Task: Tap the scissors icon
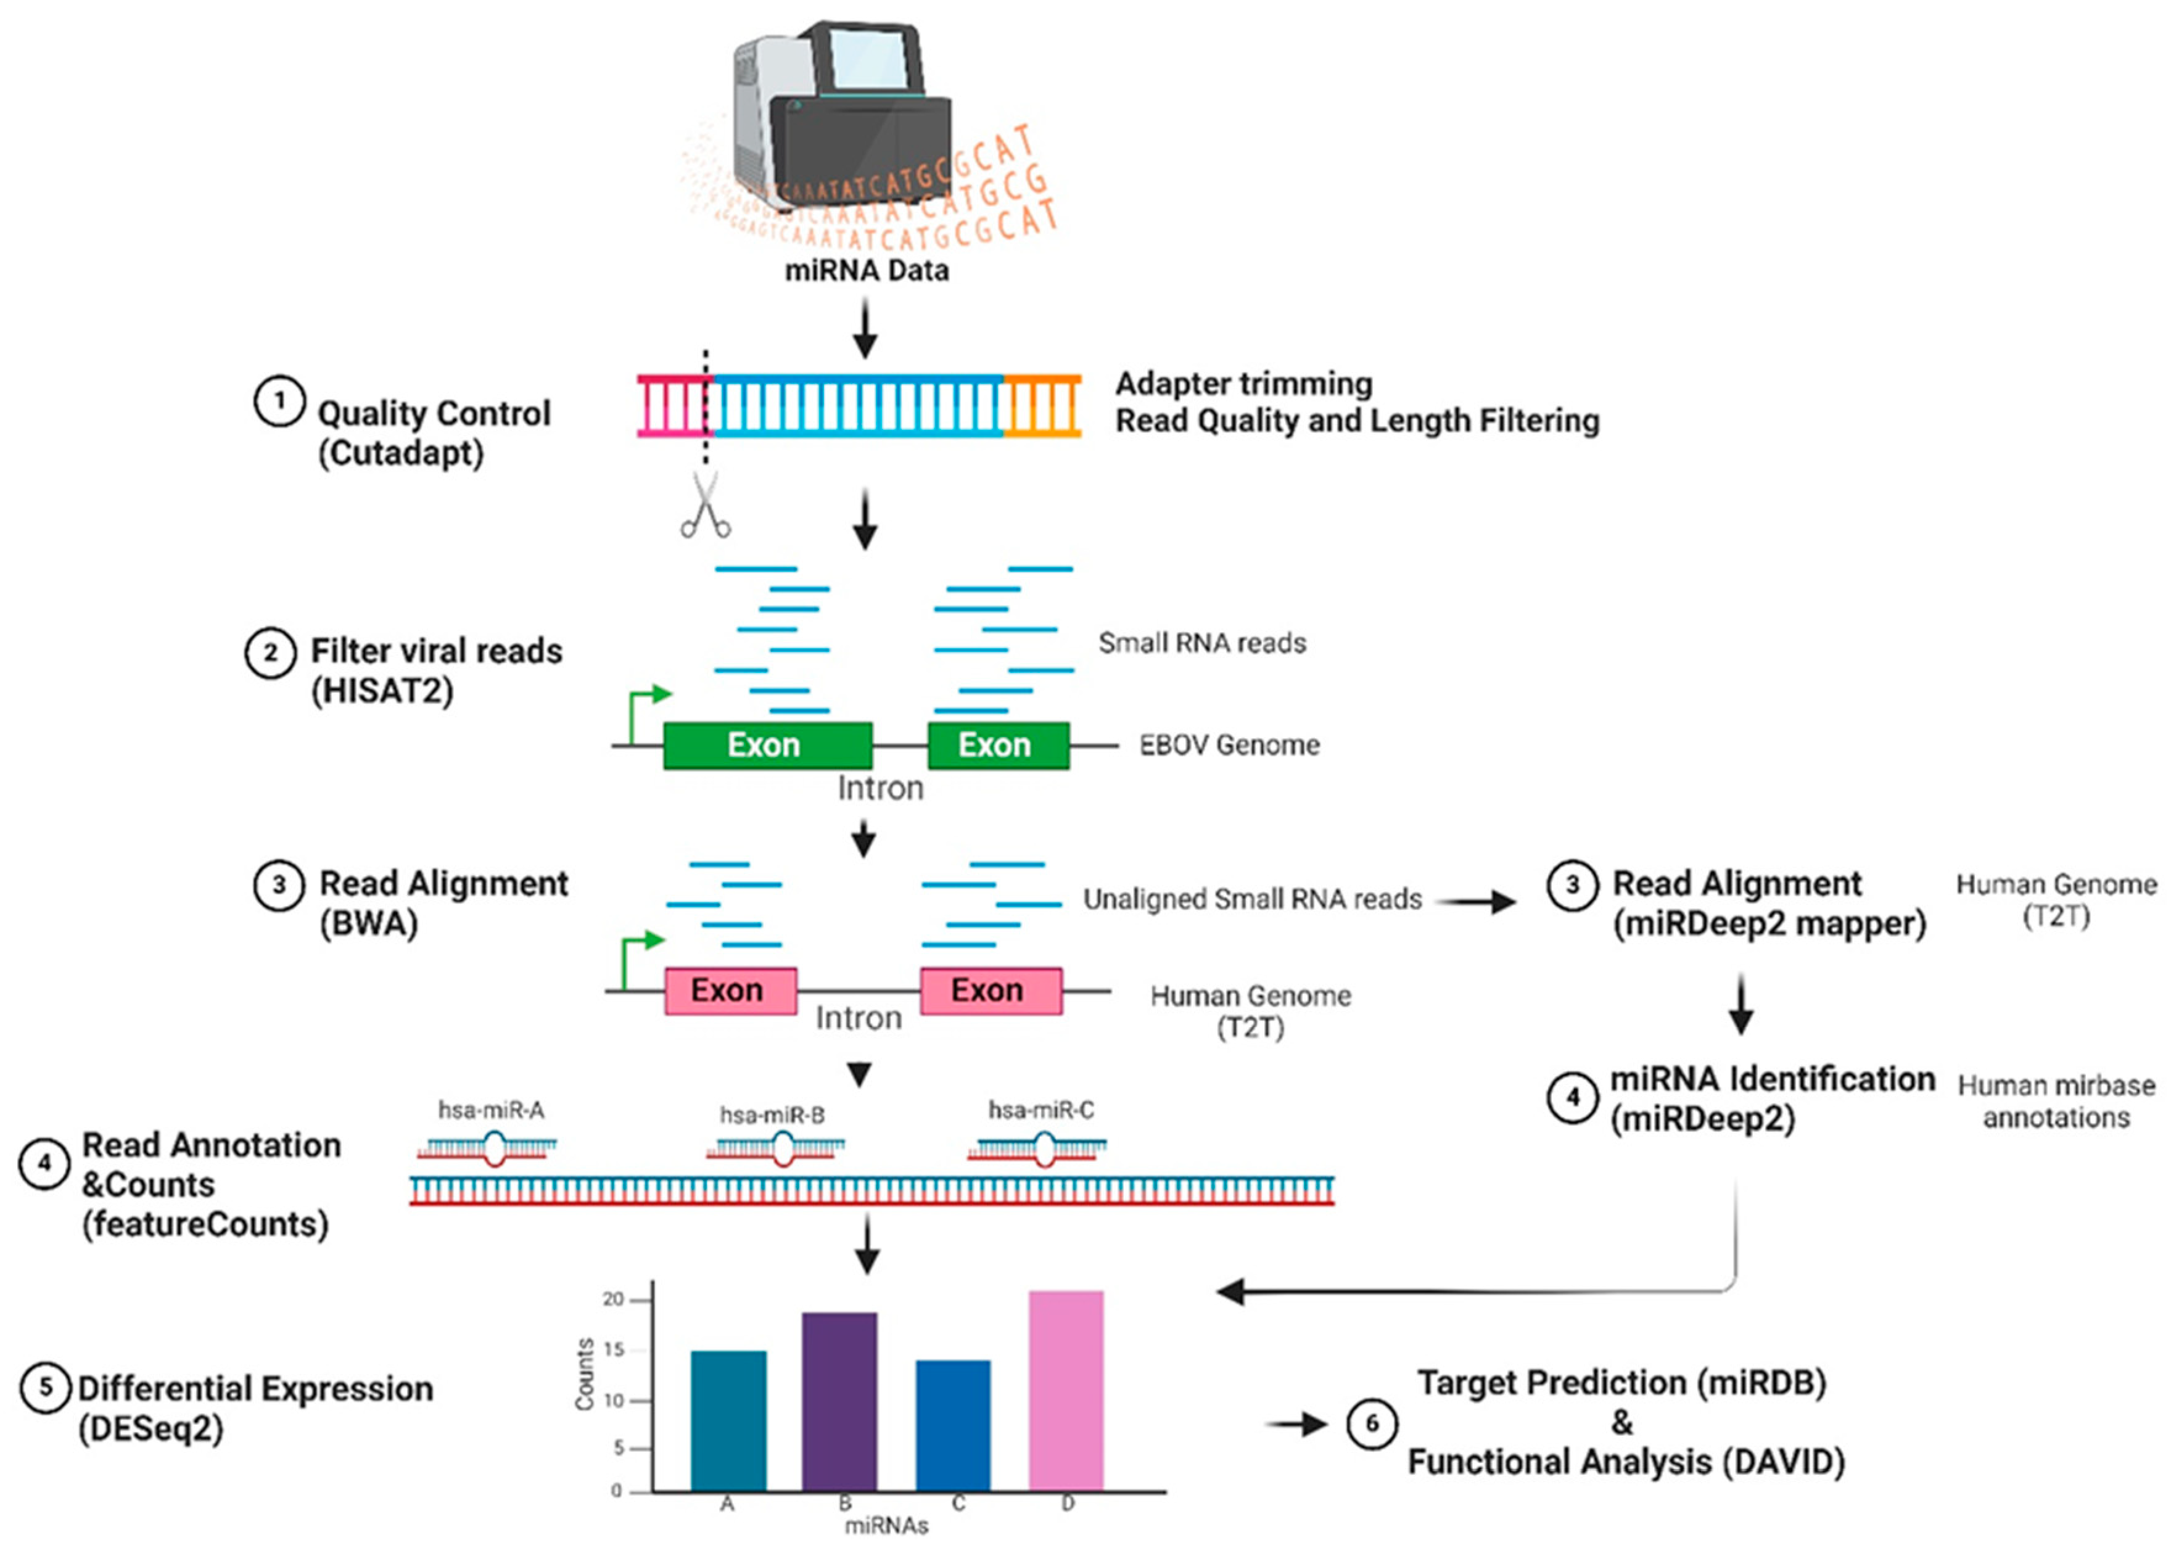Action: (x=705, y=506)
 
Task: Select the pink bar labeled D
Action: (x=1066, y=1389)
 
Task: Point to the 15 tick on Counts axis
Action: (x=614, y=1350)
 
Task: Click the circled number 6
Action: (x=1371, y=1423)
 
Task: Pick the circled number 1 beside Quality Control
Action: (x=279, y=402)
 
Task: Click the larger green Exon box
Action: (x=767, y=745)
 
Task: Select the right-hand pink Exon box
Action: (x=991, y=991)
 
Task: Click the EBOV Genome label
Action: (x=1229, y=745)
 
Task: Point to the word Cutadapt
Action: (x=400, y=453)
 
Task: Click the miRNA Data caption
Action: (x=866, y=271)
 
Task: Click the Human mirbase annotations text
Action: (x=2055, y=1101)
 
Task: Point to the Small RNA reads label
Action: (x=1201, y=643)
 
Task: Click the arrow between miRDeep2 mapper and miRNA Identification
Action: (x=1740, y=1005)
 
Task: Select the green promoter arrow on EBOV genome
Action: (x=647, y=709)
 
